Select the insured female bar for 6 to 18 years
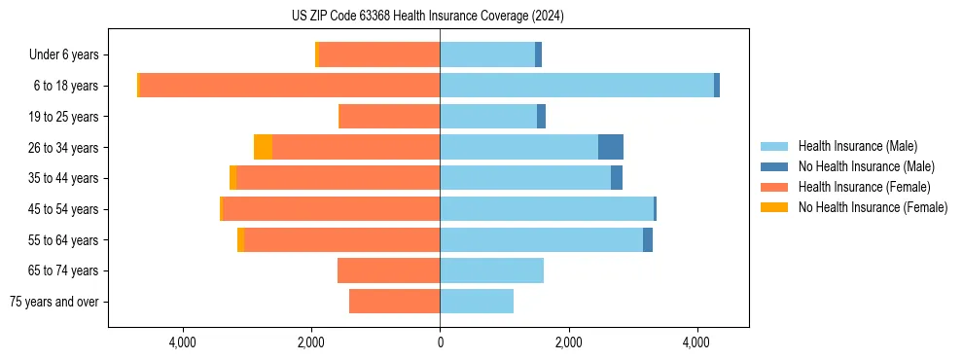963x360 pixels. pyautogui.click(x=290, y=86)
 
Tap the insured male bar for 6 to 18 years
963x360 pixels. pyautogui.click(x=576, y=86)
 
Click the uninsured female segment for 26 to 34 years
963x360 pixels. pyautogui.click(x=263, y=147)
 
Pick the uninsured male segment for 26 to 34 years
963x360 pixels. pyautogui.click(x=610, y=147)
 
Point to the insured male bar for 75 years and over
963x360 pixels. pyautogui.click(x=477, y=302)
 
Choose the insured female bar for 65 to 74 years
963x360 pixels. pyautogui.click(x=388, y=270)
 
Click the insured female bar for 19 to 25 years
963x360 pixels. pyautogui.click(x=389, y=117)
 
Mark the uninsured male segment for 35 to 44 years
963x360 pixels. pyautogui.click(x=617, y=178)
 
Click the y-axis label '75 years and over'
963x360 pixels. pyautogui.click(x=53, y=302)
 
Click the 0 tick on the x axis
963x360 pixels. pyautogui.click(x=440, y=342)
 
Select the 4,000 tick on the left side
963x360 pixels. pyautogui.click(x=183, y=342)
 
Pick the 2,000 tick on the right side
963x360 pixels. pyautogui.click(x=568, y=342)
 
